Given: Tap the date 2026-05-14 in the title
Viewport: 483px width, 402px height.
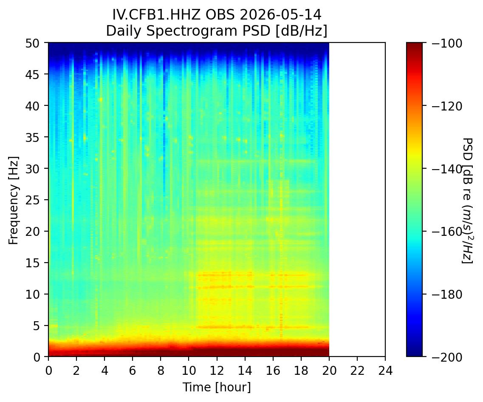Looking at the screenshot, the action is point(280,15).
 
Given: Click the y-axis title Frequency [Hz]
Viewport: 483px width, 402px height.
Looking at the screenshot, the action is point(14,200).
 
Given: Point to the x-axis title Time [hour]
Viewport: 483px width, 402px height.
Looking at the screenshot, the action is point(217,387).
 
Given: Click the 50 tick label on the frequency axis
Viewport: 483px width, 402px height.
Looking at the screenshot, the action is point(33,43).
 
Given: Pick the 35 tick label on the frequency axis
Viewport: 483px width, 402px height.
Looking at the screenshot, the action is point(33,137).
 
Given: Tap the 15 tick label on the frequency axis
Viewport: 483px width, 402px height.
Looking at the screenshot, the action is point(33,263).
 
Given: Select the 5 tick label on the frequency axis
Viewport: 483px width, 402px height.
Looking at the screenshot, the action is point(37,326).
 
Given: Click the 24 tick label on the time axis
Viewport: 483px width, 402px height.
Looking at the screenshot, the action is point(385,371).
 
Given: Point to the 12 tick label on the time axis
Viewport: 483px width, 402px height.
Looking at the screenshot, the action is point(217,371).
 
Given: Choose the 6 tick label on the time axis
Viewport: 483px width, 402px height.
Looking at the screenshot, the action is point(133,371).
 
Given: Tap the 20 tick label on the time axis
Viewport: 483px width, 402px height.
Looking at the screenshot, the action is point(329,371).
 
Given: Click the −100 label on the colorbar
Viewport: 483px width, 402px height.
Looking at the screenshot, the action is point(446,43).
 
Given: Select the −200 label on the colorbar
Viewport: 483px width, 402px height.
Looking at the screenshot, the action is point(446,357).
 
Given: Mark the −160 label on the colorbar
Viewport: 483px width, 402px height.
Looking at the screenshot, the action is point(446,232).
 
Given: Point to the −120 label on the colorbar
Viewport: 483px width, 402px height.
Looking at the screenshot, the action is point(446,106).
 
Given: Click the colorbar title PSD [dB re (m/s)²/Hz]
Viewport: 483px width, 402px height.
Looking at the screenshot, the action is point(467,200).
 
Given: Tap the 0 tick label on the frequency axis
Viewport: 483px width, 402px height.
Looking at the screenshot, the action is point(37,357).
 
